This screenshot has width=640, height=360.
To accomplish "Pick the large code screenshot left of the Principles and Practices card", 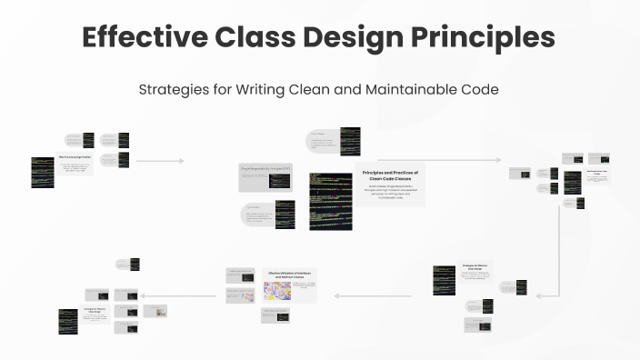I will pyautogui.click(x=330, y=201).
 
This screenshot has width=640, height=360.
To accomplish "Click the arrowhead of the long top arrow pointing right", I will pyautogui.click(x=499, y=161).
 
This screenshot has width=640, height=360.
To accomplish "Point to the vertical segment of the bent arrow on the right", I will pyautogui.click(x=557, y=255).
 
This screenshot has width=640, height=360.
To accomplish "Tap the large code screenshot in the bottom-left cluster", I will pyautogui.click(x=68, y=320).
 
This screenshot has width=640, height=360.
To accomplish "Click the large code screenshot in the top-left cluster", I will pyautogui.click(x=42, y=171).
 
